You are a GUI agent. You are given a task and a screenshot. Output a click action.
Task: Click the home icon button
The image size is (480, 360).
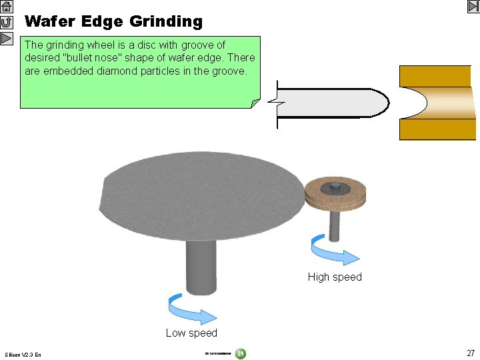pos(7,7)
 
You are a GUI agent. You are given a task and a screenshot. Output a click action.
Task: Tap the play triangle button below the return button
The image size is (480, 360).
pos(7,37)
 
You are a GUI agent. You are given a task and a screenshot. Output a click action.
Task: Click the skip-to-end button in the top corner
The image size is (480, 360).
pos(473,7)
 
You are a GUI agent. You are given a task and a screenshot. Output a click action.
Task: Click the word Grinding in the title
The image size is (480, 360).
pos(166,21)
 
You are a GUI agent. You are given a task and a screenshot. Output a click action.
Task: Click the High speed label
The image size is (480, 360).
pos(335,277)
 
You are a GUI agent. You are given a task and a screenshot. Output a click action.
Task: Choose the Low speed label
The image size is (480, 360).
pos(191,333)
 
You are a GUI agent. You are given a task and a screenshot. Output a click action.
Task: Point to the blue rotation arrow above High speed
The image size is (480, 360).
pos(333,251)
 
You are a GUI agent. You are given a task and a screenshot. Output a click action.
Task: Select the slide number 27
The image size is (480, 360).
pos(471,353)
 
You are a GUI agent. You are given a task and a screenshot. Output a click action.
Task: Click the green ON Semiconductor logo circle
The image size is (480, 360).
pos(240,353)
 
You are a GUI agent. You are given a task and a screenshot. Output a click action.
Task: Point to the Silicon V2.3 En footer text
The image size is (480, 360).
pos(23,355)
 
